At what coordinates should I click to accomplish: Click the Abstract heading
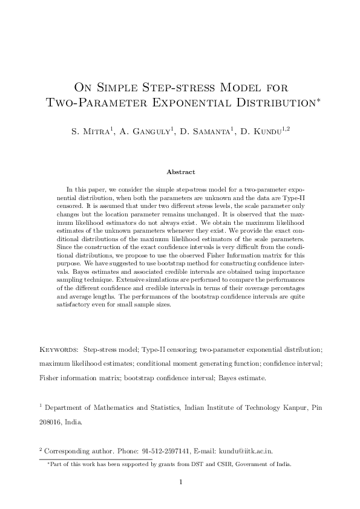180,172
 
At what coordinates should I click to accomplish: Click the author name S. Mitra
89,131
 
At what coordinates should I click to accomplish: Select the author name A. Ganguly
140,131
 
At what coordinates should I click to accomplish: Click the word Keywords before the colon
58,350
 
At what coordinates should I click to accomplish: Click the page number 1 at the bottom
180,482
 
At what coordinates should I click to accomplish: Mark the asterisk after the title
318,100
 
